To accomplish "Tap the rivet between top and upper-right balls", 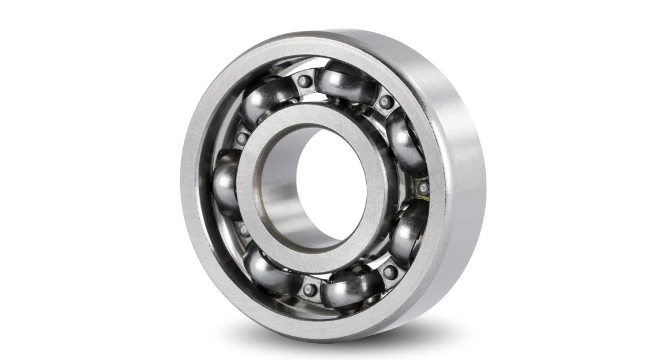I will point(386,101).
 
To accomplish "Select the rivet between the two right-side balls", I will point(423,187).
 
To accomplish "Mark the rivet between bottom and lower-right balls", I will point(389,272).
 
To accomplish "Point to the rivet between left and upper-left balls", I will point(241,138).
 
